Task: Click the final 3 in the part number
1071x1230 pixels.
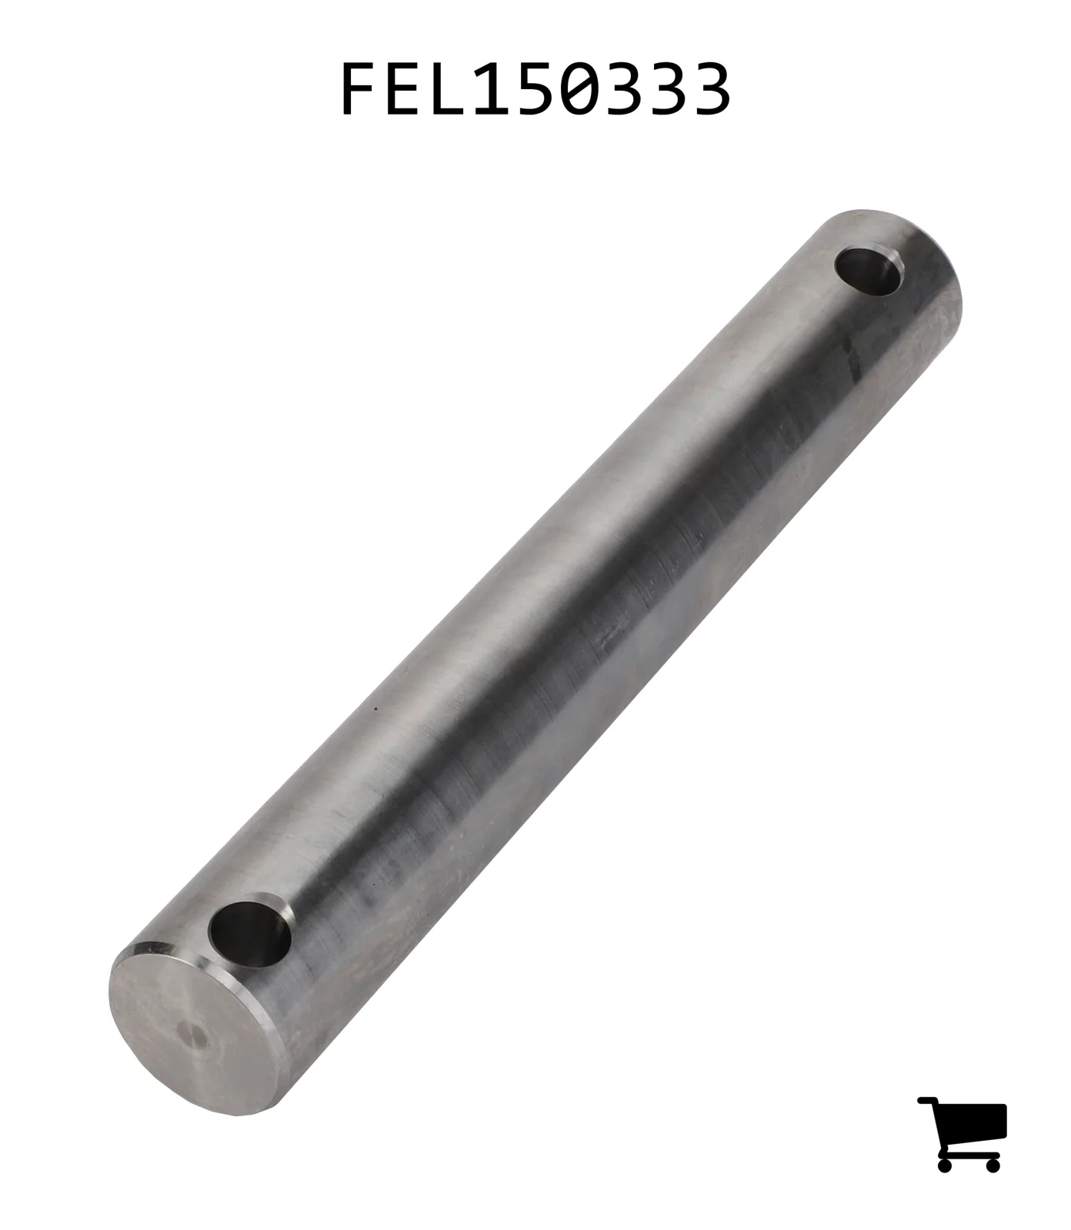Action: pos(709,89)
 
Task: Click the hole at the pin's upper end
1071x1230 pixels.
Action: pos(869,271)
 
